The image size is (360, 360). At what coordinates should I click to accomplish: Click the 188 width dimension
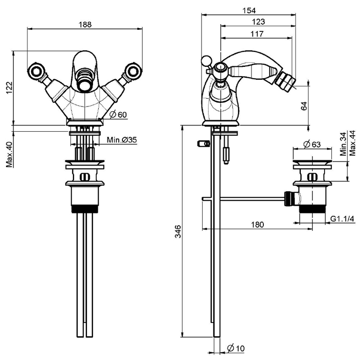point(84,23)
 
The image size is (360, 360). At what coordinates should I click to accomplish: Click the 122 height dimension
point(8,88)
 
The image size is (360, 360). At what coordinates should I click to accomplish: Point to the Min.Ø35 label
point(122,140)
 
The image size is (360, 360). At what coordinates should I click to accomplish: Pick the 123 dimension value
point(259,22)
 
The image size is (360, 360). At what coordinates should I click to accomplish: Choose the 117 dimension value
point(257,34)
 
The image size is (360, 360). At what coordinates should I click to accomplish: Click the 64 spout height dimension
point(304,106)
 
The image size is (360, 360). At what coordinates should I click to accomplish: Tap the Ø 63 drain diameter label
point(312,144)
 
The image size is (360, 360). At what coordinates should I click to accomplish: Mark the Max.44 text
point(352,142)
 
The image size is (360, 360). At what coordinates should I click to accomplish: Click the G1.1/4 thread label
point(343,219)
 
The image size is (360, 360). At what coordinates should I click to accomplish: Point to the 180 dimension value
point(258,224)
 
